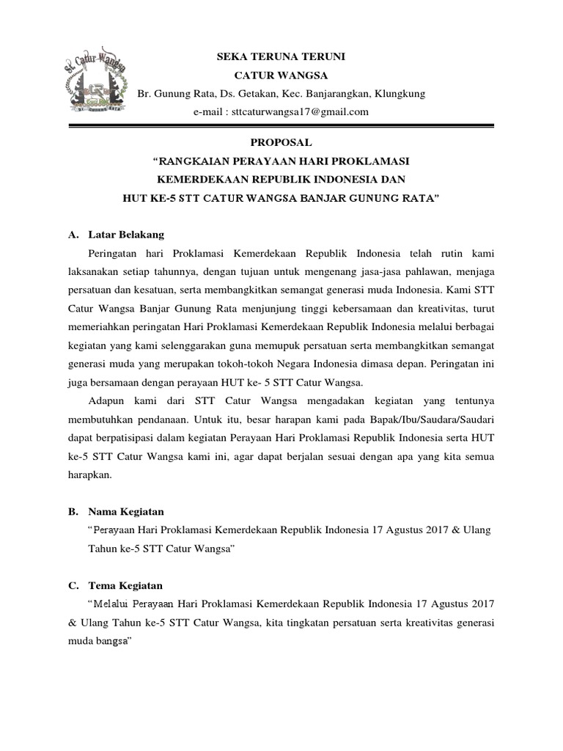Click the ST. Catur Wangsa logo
coord(94,84)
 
